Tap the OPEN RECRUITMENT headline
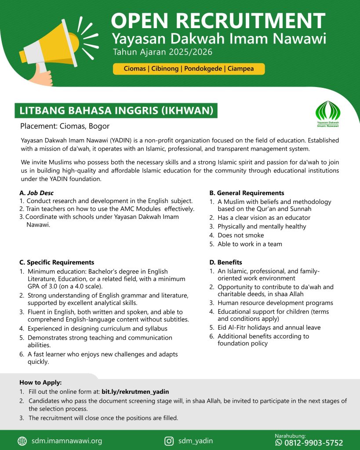(x=218, y=21)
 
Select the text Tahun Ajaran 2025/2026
(x=163, y=52)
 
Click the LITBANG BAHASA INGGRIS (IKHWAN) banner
(x=116, y=110)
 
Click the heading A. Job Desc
(x=36, y=192)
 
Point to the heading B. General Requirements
(x=246, y=192)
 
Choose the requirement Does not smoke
(x=240, y=235)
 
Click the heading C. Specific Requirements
(x=57, y=262)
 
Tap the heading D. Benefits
(x=226, y=262)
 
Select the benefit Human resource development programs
(x=275, y=303)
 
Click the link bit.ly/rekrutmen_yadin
(x=135, y=392)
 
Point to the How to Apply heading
(x=40, y=382)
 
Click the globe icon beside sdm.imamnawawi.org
(x=22, y=441)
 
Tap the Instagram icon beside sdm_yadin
(x=169, y=441)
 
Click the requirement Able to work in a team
(x=250, y=244)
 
